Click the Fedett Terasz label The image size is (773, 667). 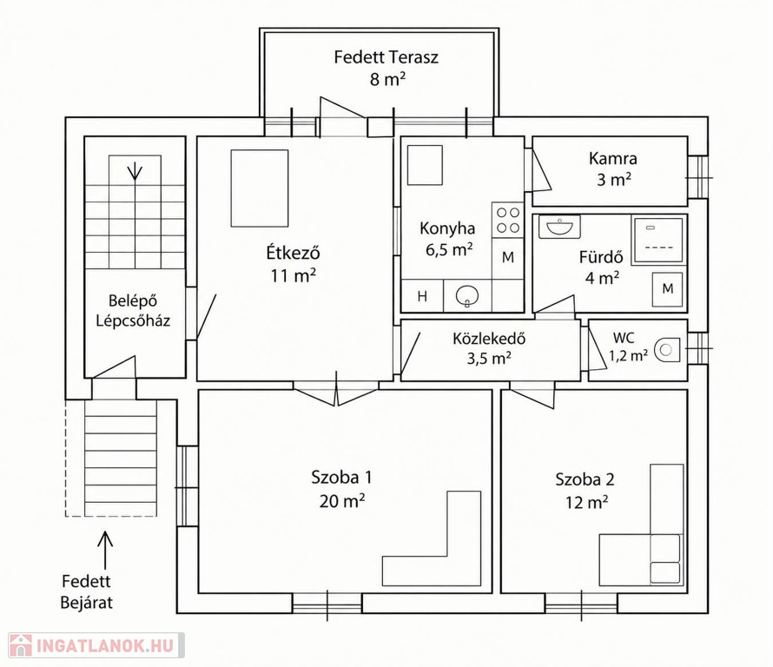click(386, 57)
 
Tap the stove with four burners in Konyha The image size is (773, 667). click(508, 220)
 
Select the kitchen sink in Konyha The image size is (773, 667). click(467, 296)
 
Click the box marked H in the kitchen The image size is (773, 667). click(422, 296)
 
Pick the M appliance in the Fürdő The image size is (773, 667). click(668, 288)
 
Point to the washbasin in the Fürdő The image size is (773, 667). click(559, 227)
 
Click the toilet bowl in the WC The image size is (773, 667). click(667, 350)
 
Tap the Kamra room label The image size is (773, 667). click(613, 158)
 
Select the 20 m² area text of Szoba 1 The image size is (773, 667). click(341, 501)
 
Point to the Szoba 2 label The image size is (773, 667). click(585, 479)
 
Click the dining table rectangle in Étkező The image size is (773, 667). click(260, 188)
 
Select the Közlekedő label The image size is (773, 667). click(489, 338)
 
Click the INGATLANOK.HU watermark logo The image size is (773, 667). click(96, 644)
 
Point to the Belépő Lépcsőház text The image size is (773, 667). click(133, 311)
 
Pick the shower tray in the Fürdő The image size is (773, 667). click(658, 240)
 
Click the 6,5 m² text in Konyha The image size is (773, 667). click(449, 250)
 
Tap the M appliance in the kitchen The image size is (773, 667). click(508, 258)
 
